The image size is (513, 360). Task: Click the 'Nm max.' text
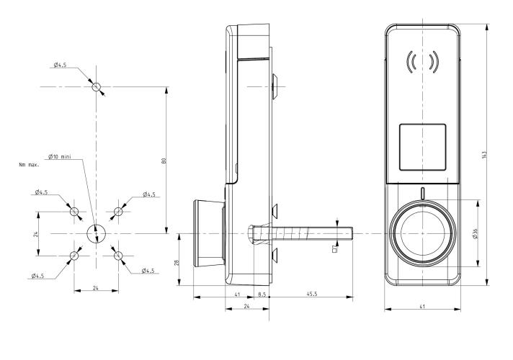29,165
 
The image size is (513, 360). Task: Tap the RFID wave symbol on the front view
422,62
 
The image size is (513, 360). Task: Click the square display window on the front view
422,147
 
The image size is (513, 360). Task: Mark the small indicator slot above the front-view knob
422,194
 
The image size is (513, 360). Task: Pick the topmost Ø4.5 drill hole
97,87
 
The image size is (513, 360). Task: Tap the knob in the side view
208,233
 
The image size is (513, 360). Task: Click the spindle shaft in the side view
303,233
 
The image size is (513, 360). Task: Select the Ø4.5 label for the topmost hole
61,66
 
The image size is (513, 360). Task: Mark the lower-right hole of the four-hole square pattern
118,255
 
